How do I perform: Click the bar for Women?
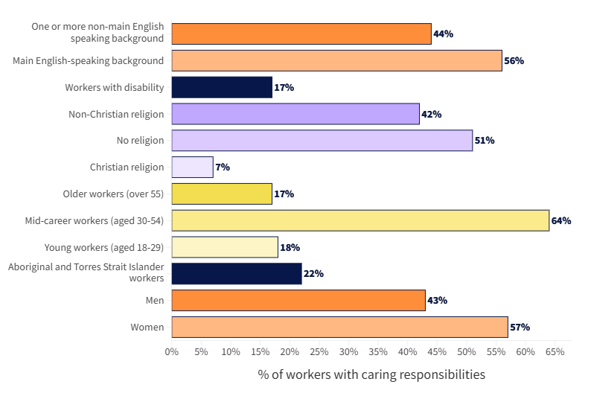[339, 327]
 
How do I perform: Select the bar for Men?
[298, 300]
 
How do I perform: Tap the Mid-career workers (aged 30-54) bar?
[360, 220]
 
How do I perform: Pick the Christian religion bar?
[192, 167]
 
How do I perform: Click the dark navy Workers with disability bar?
[222, 87]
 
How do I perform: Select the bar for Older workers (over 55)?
[222, 194]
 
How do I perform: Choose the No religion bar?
[322, 140]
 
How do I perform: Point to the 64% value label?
[560, 220]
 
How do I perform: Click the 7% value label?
[223, 167]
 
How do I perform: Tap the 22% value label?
[313, 274]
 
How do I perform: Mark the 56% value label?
[514, 60]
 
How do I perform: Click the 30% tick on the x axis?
[348, 351]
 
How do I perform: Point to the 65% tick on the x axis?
[555, 351]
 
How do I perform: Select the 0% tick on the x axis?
[172, 351]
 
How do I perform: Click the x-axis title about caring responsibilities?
[371, 374]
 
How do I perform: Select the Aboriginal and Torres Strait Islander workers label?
[86, 272]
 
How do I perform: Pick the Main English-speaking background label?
[89, 60]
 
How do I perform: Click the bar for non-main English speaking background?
[301, 33]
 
